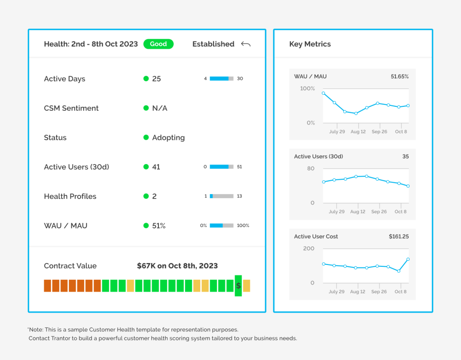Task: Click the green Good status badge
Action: point(158,44)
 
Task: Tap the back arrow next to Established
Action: point(245,44)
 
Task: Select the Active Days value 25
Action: point(156,79)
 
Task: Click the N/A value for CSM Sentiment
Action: point(159,108)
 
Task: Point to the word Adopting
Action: point(168,137)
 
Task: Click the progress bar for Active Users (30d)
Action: point(221,167)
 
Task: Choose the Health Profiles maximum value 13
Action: point(240,196)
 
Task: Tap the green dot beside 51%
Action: point(146,226)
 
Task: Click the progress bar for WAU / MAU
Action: point(221,225)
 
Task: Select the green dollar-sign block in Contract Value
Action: point(238,286)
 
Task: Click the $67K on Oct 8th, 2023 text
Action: point(177,266)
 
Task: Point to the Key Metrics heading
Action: point(310,44)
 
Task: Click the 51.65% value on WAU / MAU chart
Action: point(399,77)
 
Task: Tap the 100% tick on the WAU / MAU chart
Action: point(307,88)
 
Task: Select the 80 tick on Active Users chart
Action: point(311,169)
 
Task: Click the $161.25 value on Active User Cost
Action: point(398,237)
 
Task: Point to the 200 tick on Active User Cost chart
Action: point(309,248)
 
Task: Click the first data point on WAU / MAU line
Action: point(323,93)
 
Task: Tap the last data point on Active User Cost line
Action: point(408,259)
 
